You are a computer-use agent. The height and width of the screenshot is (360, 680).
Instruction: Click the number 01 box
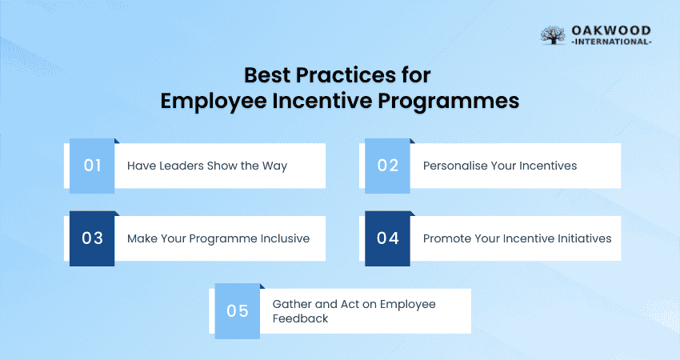92,166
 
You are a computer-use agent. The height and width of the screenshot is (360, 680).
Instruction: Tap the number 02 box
387,166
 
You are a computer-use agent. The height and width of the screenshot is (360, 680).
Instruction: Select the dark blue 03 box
92,238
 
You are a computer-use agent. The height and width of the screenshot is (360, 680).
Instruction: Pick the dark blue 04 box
387,238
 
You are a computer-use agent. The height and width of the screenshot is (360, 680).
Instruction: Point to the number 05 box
238,311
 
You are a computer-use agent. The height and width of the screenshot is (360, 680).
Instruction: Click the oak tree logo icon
553,35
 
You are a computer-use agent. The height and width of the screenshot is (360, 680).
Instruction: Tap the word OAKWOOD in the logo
611,30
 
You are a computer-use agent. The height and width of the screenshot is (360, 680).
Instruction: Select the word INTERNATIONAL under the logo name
611,42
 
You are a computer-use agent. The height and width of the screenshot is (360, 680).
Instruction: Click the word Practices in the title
346,75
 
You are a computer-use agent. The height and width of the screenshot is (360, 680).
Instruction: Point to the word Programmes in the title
448,102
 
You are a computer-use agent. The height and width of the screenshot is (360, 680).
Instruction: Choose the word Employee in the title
214,102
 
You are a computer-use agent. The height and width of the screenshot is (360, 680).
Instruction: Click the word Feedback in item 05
300,318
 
